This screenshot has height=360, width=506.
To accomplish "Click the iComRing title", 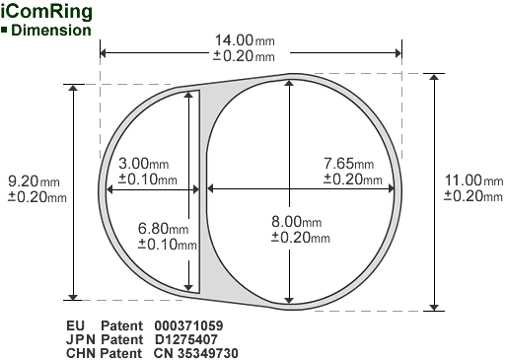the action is (x=46, y=12).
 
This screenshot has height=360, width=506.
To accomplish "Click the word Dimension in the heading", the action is (x=51, y=31).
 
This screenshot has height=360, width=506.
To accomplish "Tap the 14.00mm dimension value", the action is (x=245, y=40).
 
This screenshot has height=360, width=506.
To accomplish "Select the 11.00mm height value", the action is (x=473, y=180).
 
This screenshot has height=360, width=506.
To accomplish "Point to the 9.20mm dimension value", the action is (x=34, y=181).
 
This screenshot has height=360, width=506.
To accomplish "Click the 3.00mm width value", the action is (x=144, y=163).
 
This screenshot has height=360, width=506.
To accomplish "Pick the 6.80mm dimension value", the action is (x=164, y=228).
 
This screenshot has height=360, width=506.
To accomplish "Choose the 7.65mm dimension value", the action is (x=349, y=163).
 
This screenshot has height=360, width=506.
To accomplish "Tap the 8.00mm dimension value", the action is (x=297, y=222).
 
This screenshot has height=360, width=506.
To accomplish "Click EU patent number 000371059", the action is (x=188, y=325).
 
